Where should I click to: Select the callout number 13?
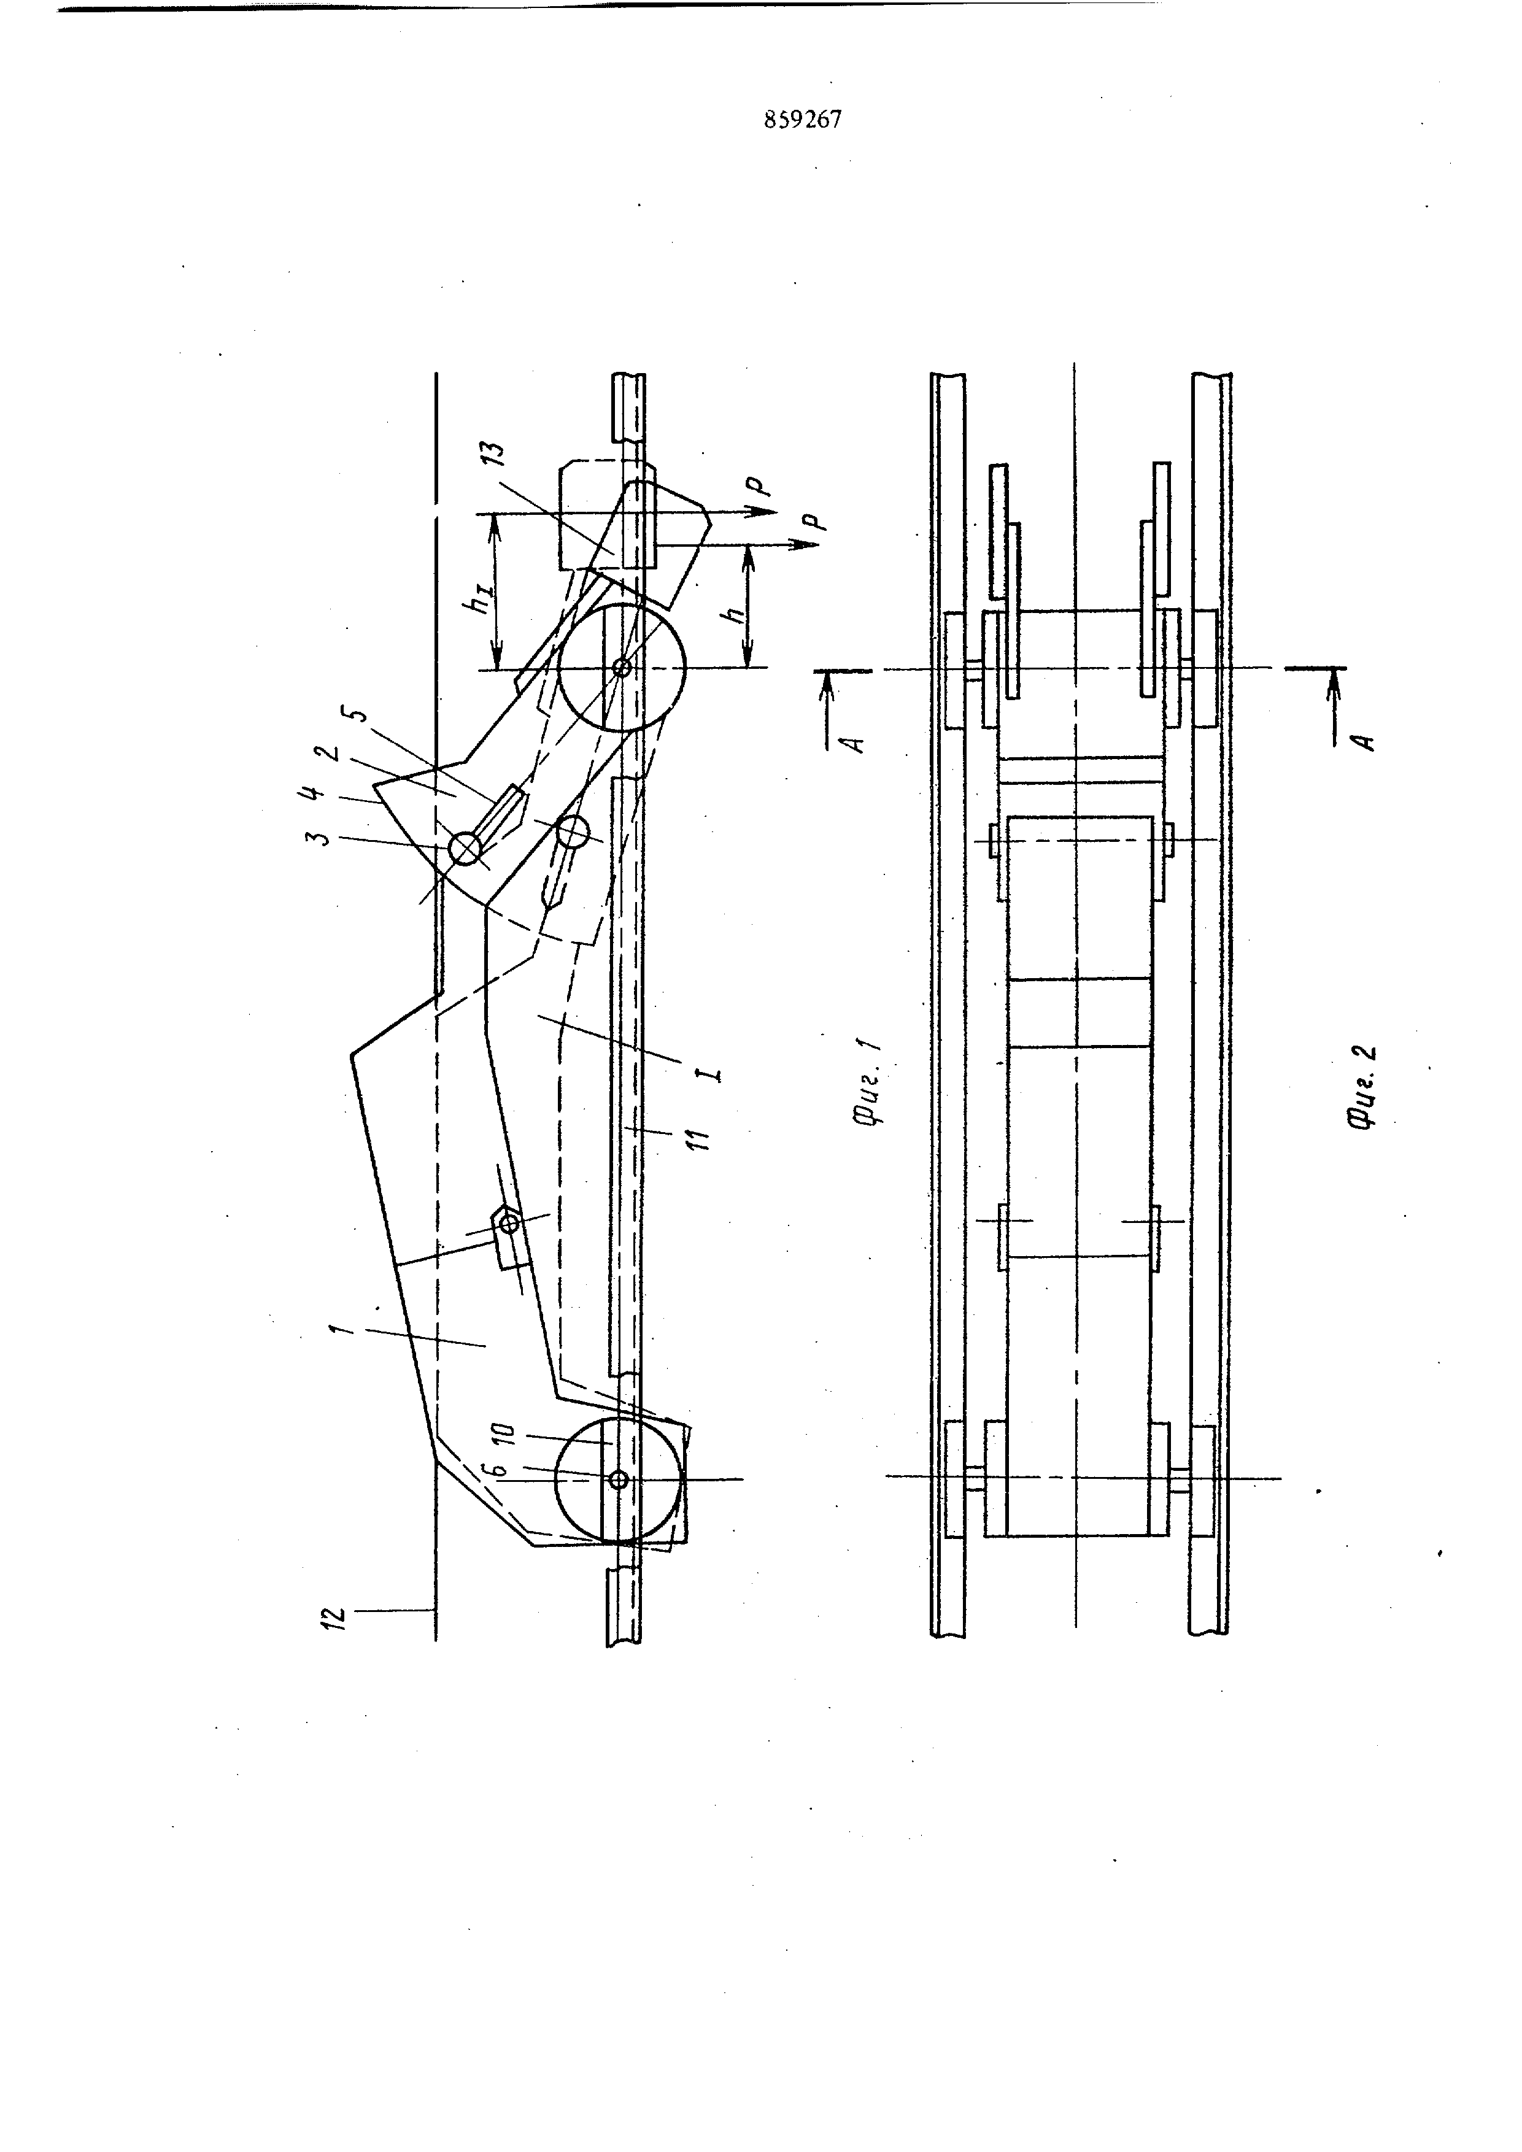pos(496,453)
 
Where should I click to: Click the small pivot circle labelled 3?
pos(465,849)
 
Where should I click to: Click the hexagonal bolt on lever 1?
pos(509,1223)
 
